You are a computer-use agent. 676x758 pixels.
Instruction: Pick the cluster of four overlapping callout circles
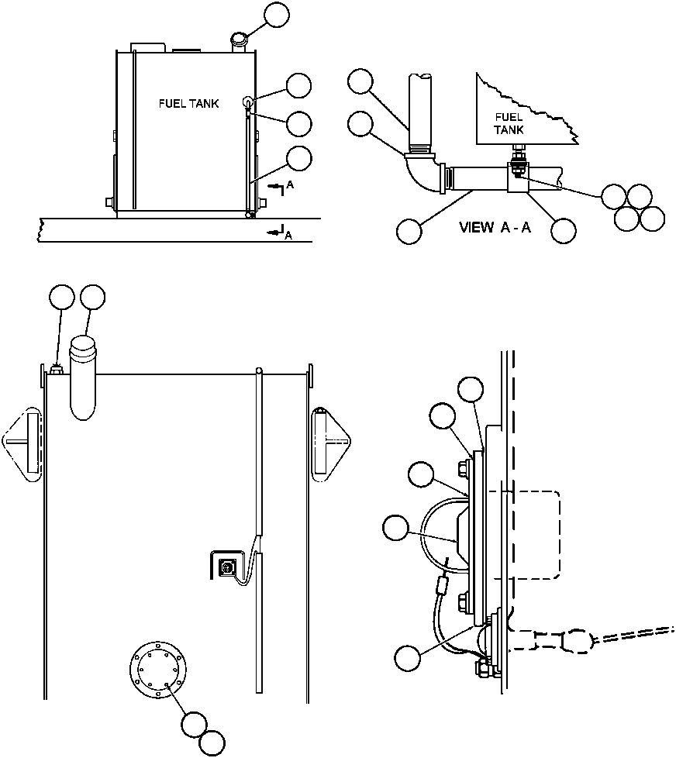(x=633, y=207)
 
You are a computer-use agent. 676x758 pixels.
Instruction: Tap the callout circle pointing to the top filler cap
(x=277, y=15)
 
